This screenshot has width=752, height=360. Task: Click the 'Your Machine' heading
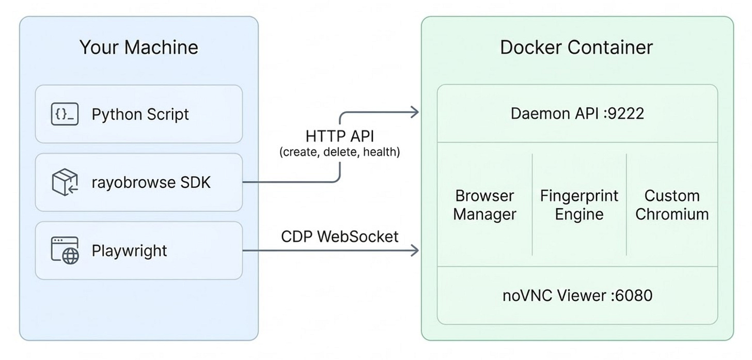tap(138, 48)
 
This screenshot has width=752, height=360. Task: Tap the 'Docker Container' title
tap(576, 48)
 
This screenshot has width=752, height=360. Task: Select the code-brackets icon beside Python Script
tap(65, 114)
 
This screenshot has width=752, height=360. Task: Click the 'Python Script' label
tap(140, 114)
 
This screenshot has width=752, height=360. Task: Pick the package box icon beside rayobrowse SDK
tap(65, 182)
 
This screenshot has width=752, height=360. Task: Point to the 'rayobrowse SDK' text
tap(151, 182)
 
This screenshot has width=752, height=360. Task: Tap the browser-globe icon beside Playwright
tap(65, 251)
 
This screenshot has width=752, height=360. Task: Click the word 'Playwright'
tap(129, 251)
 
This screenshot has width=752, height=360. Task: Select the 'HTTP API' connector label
tap(339, 136)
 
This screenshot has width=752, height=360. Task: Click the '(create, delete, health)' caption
tap(339, 152)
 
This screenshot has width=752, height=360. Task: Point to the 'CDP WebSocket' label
tap(339, 237)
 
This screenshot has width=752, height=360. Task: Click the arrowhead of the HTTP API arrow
tap(414, 112)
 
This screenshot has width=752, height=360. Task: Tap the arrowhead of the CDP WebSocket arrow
tap(414, 251)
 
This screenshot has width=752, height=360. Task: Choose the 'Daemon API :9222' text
tap(577, 114)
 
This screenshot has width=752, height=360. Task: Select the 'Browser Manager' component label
tap(484, 205)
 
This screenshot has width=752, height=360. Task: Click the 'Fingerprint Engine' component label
tap(579, 205)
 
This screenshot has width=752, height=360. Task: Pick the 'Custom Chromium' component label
tap(671, 205)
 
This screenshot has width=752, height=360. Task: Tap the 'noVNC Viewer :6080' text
tap(577, 295)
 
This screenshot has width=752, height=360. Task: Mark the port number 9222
tap(626, 114)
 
